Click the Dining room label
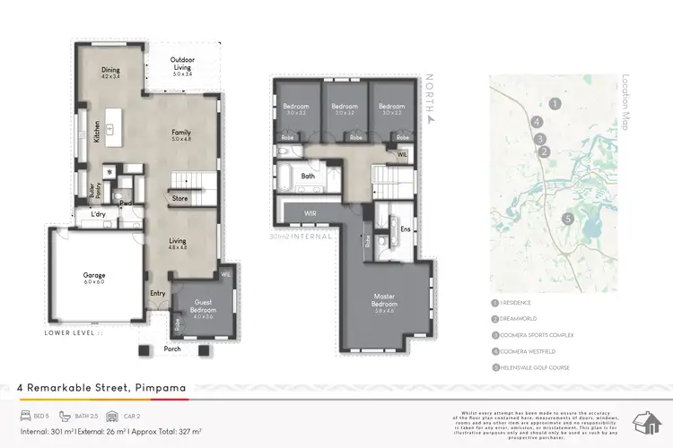[110, 72]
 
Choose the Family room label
[181, 135]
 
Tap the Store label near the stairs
[179, 198]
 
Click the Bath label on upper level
[308, 177]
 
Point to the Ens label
[405, 228]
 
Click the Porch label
[172, 349]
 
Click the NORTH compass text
[431, 97]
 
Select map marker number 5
[567, 219]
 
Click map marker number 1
[555, 104]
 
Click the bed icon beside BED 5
[26, 417]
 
